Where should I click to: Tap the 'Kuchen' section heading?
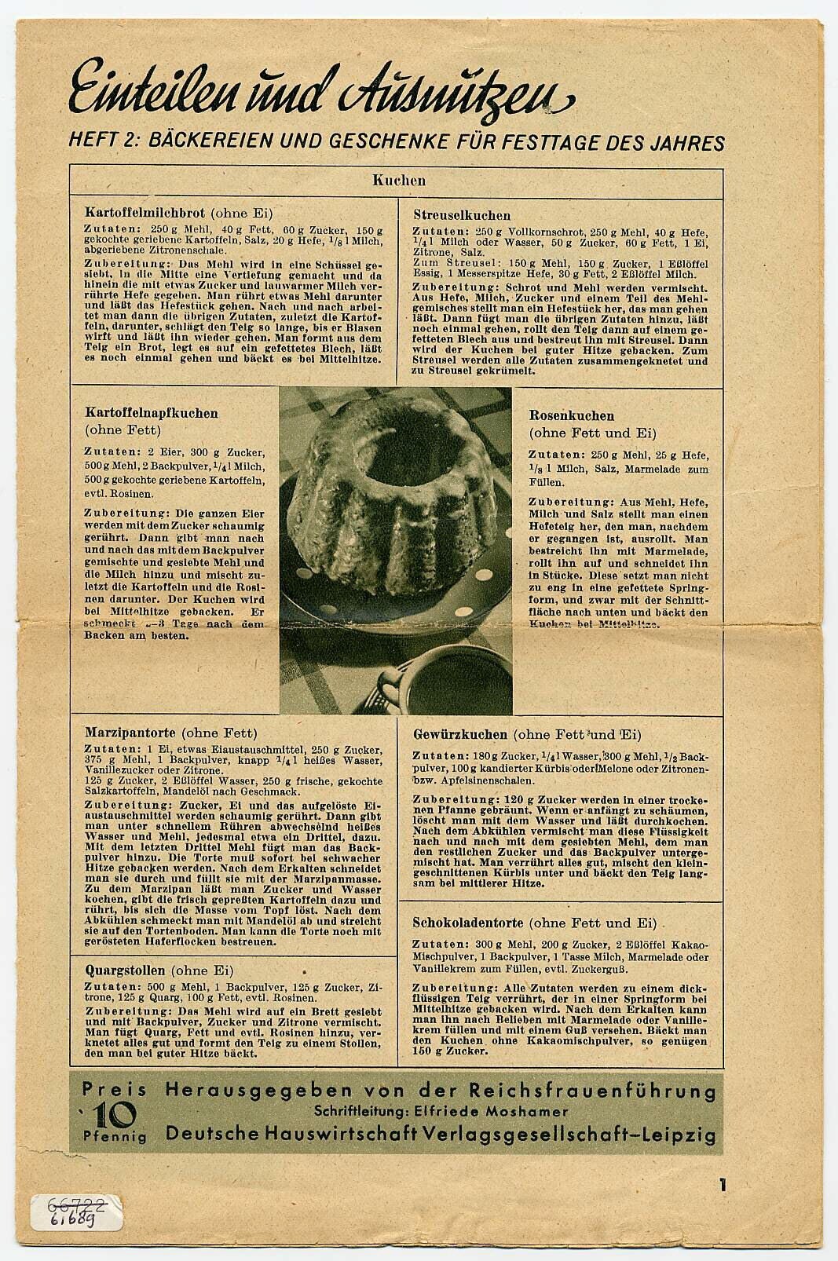click(399, 180)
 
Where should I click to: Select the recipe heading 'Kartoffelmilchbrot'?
click(145, 213)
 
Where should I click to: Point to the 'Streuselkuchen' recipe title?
click(462, 215)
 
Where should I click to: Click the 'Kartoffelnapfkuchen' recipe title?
click(152, 413)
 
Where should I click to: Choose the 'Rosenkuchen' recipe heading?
click(571, 415)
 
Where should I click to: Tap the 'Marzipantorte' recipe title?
click(130, 733)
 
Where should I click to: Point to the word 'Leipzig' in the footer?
click(675, 1134)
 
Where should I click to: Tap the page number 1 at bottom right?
click(721, 1186)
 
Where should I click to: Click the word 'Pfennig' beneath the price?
click(115, 1135)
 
